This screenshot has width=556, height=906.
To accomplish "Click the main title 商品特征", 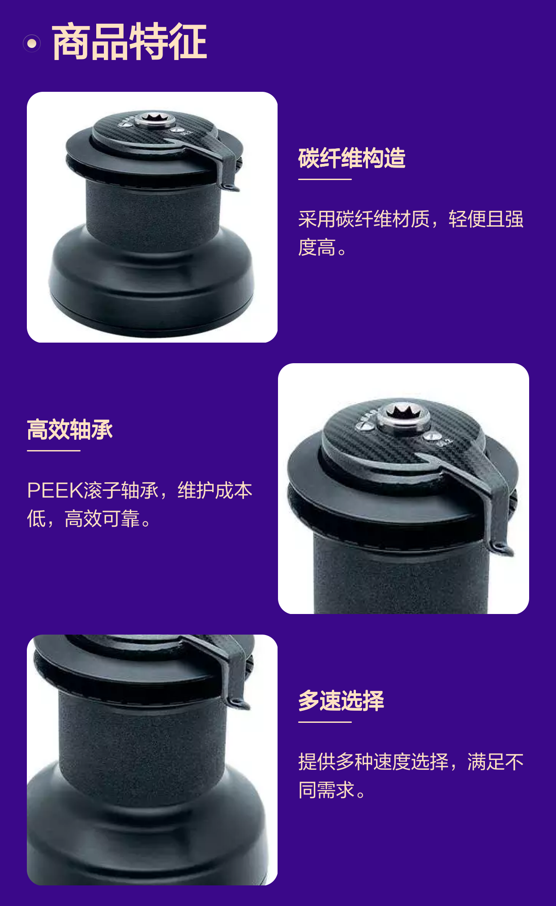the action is point(129,42).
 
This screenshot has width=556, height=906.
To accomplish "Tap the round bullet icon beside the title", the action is point(32,43).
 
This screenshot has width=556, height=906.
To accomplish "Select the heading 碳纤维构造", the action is point(352,158).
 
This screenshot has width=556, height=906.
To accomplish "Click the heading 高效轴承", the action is point(70,429).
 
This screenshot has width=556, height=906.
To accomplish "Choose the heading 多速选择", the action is point(341,700).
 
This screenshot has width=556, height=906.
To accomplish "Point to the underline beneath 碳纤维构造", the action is point(325,179).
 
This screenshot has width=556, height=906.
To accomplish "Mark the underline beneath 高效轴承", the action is point(54,451).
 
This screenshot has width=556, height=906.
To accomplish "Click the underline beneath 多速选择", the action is point(325,721).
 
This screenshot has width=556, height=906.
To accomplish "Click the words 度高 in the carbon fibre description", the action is point(317,248).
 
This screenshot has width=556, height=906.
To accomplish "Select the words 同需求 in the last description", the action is point(327,790).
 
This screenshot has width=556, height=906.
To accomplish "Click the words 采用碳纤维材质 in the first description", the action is point(364,219).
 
